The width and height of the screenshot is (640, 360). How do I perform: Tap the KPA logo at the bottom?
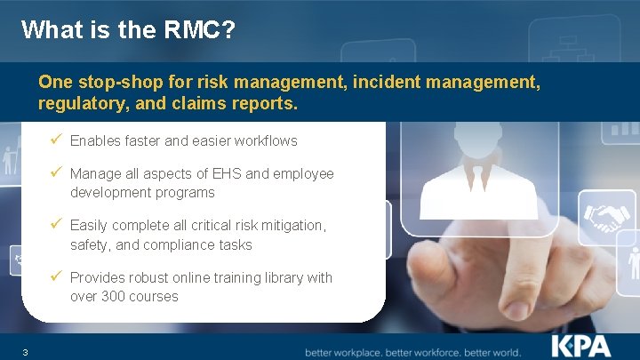coord(581,345)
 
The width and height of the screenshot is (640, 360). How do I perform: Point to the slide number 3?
coord(26,353)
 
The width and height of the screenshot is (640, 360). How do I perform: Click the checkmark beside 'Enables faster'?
coord(58,140)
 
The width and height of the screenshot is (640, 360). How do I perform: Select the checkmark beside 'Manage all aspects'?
coord(58,173)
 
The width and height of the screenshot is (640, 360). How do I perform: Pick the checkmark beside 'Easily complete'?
coord(58,225)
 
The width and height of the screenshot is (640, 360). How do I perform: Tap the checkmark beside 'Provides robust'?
coord(58,277)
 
